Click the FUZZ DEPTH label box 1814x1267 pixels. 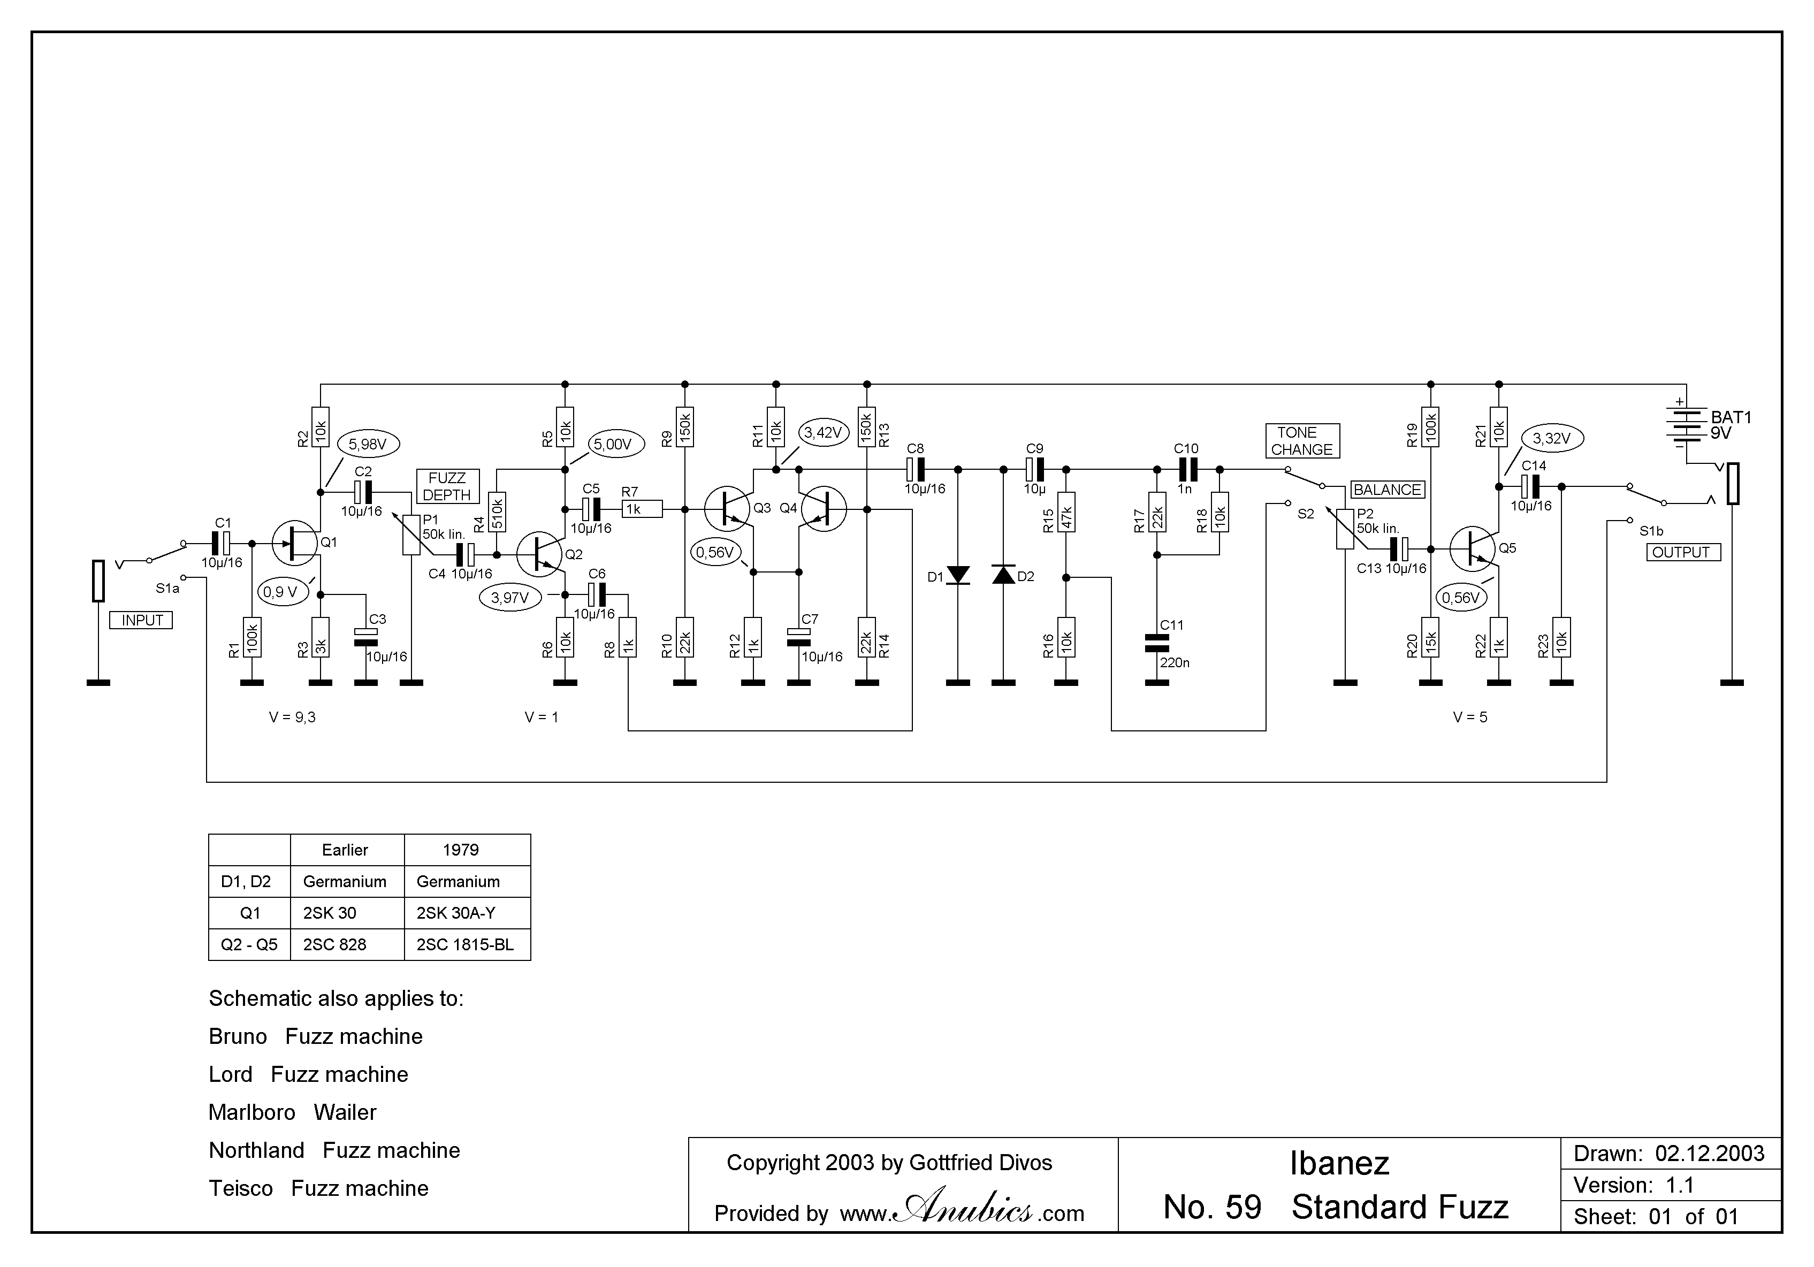coord(447,486)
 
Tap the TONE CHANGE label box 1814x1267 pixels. coord(1302,441)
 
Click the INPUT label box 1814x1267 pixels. coord(141,620)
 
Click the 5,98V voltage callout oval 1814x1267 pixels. coord(368,445)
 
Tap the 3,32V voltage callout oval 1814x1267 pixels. coord(1552,438)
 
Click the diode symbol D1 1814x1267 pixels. coord(957,575)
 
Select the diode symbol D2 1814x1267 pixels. coord(1003,575)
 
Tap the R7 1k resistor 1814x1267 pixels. coord(642,509)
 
